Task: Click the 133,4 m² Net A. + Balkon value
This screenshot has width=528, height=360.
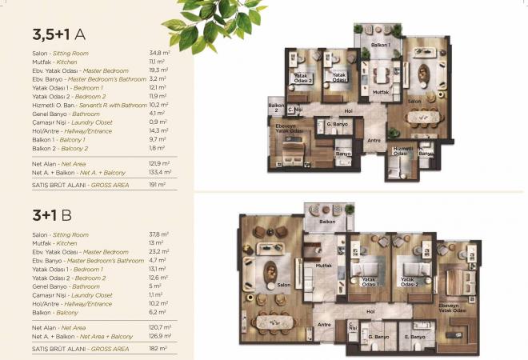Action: [160, 172]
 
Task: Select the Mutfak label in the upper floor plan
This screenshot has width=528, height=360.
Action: [381, 93]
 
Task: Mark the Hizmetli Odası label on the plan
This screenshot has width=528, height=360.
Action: [402, 150]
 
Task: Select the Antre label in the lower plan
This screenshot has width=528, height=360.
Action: [325, 325]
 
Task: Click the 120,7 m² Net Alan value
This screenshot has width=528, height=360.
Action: [159, 327]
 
